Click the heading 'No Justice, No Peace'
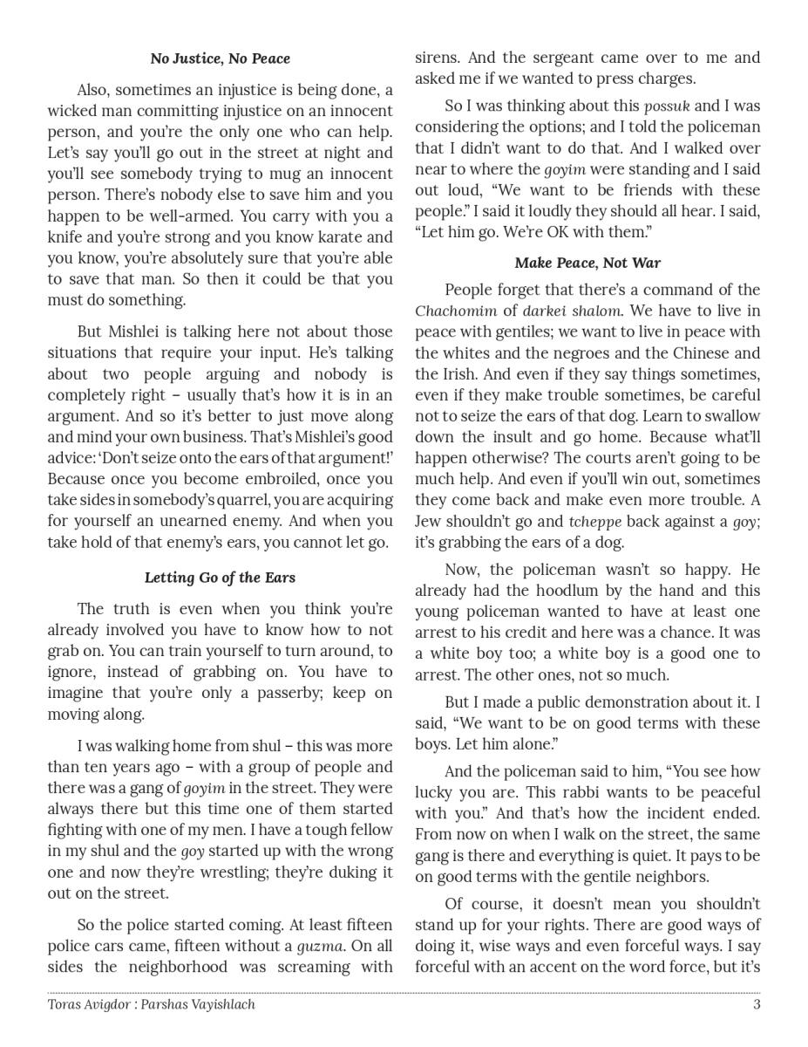pyautogui.click(x=220, y=58)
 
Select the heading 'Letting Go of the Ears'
pyautogui.click(x=220, y=578)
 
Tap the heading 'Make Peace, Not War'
pyautogui.click(x=587, y=263)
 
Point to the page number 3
pyautogui.click(x=757, y=1004)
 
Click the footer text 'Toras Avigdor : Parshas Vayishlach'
pyautogui.click(x=151, y=1004)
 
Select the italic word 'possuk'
pyautogui.click(x=666, y=106)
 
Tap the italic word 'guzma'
pyautogui.click(x=320, y=947)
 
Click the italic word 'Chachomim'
pyautogui.click(x=456, y=311)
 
